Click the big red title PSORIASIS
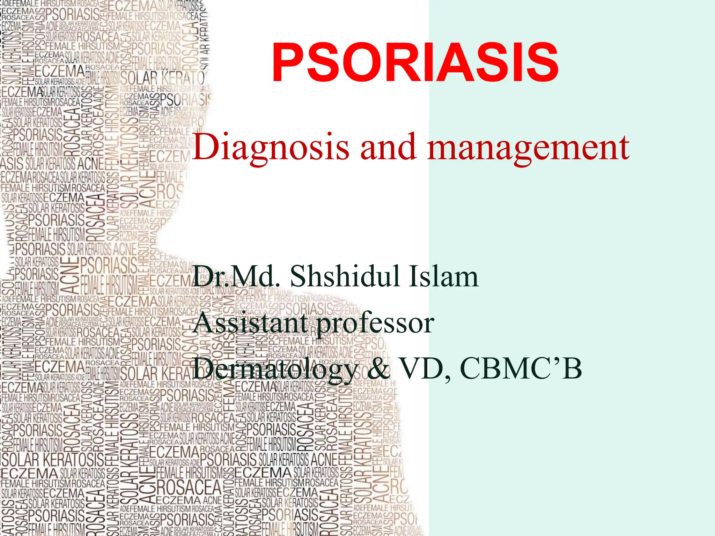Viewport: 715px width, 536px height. (415, 63)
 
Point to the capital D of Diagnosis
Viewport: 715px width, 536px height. (204, 147)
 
